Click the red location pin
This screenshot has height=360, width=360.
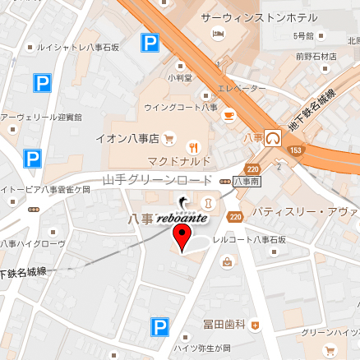click(182, 238)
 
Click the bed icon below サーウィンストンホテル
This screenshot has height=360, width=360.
click(218, 34)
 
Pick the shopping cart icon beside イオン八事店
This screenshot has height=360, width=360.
click(168, 138)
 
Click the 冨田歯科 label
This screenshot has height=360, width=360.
click(224, 325)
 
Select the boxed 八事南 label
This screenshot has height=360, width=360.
click(247, 180)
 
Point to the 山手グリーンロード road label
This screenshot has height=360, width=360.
click(157, 179)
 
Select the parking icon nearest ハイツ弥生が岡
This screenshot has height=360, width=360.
click(159, 328)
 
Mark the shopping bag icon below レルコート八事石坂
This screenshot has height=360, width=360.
click(226, 262)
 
